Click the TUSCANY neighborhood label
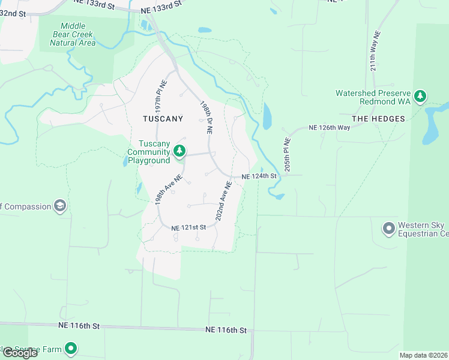click(163, 119)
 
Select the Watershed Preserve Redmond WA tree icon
click(421, 95)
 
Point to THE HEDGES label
click(378, 119)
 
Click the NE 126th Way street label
click(329, 128)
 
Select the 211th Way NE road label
click(375, 50)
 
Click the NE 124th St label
click(259, 176)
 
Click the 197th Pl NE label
click(160, 93)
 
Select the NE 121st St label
click(188, 227)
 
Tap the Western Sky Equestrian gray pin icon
click(388, 228)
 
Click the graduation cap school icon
click(59, 206)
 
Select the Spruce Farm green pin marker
click(71, 348)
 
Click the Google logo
click(19, 352)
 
